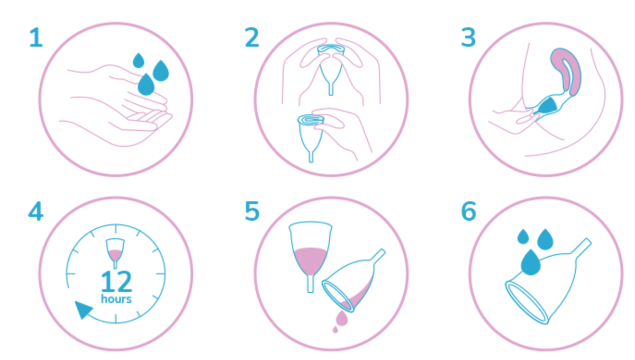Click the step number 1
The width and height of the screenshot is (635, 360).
click(37, 37)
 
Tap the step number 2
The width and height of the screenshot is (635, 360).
click(252, 37)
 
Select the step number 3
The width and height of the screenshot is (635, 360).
click(468, 37)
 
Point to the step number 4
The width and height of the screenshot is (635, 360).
click(36, 211)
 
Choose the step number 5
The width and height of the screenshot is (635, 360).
click(252, 211)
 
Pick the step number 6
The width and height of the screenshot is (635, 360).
click(469, 211)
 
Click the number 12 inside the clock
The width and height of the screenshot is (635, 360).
click(116, 281)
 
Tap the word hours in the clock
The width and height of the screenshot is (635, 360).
click(116, 299)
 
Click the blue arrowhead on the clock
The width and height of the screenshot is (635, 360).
click(83, 310)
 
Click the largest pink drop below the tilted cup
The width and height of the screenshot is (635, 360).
click(342, 318)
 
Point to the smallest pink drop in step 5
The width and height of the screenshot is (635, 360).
click(335, 330)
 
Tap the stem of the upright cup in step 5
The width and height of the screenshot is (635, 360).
click(311, 284)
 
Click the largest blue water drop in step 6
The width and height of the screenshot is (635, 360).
click(531, 263)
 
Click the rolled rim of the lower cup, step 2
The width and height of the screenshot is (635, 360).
click(311, 120)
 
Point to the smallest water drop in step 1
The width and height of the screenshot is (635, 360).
click(138, 60)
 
